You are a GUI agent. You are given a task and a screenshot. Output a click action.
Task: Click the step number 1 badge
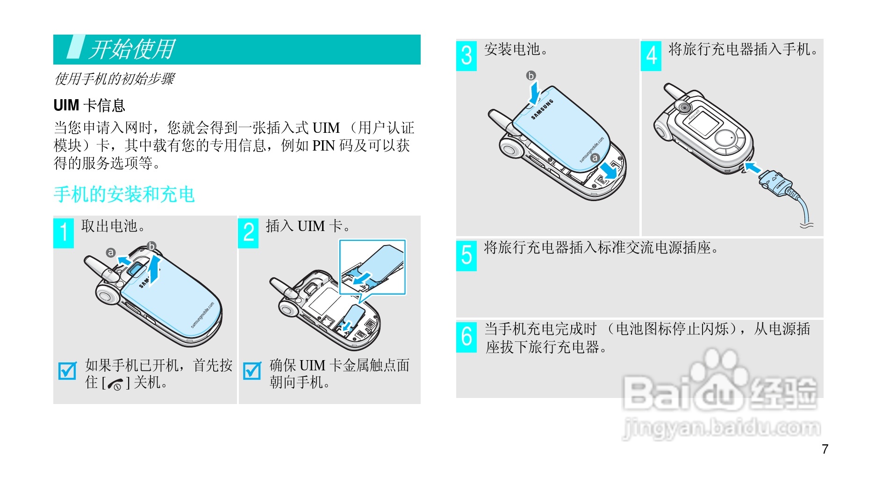64,233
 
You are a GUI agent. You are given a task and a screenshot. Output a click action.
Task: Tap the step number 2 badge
249,233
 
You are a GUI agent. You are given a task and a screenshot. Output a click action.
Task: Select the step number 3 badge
466,56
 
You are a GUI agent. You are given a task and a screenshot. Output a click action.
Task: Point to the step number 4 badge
651,56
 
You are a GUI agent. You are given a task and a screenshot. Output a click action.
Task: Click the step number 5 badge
466,256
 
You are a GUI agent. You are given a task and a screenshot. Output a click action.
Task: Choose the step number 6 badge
466,337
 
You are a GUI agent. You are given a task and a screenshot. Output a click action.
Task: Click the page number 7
825,449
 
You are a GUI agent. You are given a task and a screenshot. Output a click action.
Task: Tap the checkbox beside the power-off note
67,371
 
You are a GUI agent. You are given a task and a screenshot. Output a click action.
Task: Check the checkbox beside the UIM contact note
252,371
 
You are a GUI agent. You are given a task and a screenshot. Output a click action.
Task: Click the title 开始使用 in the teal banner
132,49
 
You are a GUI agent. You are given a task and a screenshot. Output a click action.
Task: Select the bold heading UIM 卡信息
89,105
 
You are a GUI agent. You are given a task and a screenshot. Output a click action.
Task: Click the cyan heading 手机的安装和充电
124,194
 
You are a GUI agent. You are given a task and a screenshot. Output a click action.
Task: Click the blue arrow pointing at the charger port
752,167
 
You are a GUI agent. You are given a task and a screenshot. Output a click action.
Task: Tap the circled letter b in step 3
531,76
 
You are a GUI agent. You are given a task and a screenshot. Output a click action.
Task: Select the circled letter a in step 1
110,253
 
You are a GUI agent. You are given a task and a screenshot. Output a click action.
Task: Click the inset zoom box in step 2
372,267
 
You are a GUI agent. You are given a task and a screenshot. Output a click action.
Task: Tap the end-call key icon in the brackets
115,384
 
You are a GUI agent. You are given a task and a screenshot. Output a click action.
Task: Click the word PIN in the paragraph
323,146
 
